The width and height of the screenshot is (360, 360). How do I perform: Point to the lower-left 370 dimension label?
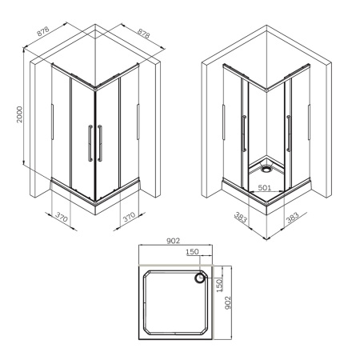click(x=62, y=215)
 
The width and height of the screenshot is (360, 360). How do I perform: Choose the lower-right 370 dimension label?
click(x=130, y=215)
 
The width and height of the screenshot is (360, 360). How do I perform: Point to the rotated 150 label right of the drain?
click(x=217, y=281)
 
